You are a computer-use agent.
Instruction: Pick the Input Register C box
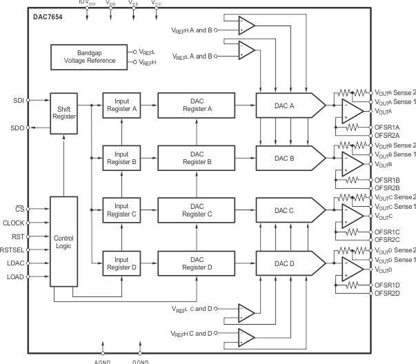pyautogui.click(x=122, y=210)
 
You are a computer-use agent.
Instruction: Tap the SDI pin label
pyautogui.click(x=17, y=101)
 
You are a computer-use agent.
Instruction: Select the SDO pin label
pyautogui.click(x=17, y=128)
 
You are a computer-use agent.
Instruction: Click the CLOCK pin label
pyautogui.click(x=13, y=222)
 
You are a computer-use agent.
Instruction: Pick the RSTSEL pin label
pyautogui.click(x=12, y=252)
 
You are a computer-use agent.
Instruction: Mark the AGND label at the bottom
pyautogui.click(x=102, y=359)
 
